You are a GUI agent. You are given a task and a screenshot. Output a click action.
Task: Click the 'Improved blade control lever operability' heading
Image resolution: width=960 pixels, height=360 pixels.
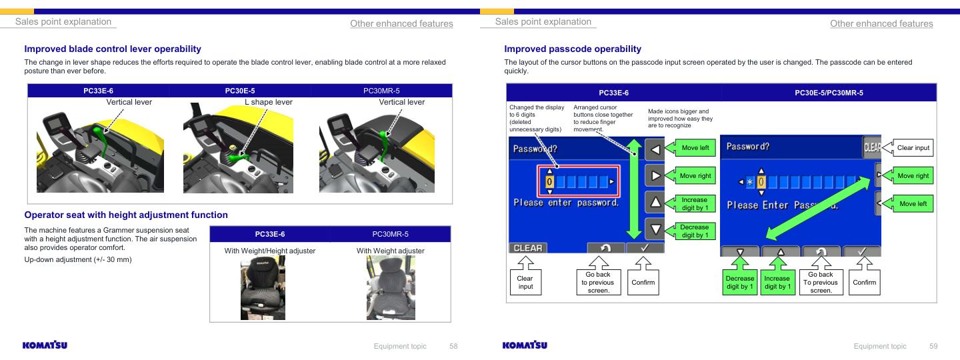pos(113,49)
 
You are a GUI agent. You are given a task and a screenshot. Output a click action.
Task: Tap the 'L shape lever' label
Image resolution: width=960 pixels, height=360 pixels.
pos(269,102)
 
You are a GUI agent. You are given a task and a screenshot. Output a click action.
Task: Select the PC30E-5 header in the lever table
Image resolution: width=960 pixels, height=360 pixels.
pos(240,91)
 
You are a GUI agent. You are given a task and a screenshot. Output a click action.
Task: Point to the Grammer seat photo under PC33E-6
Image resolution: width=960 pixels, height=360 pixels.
pos(263,287)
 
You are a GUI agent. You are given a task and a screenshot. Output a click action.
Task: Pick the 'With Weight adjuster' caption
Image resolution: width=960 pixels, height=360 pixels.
pos(391,251)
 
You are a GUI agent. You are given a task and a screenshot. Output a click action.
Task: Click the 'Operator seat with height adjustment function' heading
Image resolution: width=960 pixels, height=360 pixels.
pos(126,215)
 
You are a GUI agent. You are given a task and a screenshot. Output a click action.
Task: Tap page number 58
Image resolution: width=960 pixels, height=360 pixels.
pos(453,346)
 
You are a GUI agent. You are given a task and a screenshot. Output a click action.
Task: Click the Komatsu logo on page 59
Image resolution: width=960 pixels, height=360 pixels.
pos(525,345)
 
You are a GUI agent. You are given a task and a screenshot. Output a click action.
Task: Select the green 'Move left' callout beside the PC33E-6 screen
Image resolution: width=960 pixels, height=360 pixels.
pos(695,148)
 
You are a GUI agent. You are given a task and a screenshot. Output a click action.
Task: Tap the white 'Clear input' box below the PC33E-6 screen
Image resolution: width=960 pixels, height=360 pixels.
pos(525,282)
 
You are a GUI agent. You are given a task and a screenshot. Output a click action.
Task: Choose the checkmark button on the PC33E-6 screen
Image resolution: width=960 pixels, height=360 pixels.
pos(645,247)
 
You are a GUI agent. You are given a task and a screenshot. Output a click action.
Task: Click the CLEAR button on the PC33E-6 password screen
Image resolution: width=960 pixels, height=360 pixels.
pos(528,248)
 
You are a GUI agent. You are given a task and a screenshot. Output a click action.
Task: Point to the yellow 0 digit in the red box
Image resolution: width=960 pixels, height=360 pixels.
pos(549,182)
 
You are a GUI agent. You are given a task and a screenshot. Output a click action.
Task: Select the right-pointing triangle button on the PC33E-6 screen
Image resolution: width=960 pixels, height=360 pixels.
pos(655,176)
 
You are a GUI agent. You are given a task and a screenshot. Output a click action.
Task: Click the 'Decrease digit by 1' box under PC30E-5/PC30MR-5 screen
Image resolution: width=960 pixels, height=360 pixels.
pos(740,282)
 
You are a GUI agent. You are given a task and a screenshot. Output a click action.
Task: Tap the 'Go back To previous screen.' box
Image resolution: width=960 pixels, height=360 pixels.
pos(821,282)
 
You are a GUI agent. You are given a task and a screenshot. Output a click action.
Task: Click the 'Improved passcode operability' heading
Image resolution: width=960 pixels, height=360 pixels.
pos(573,49)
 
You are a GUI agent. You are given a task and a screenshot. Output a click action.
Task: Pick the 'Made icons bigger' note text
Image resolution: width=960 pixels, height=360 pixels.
pos(680,118)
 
